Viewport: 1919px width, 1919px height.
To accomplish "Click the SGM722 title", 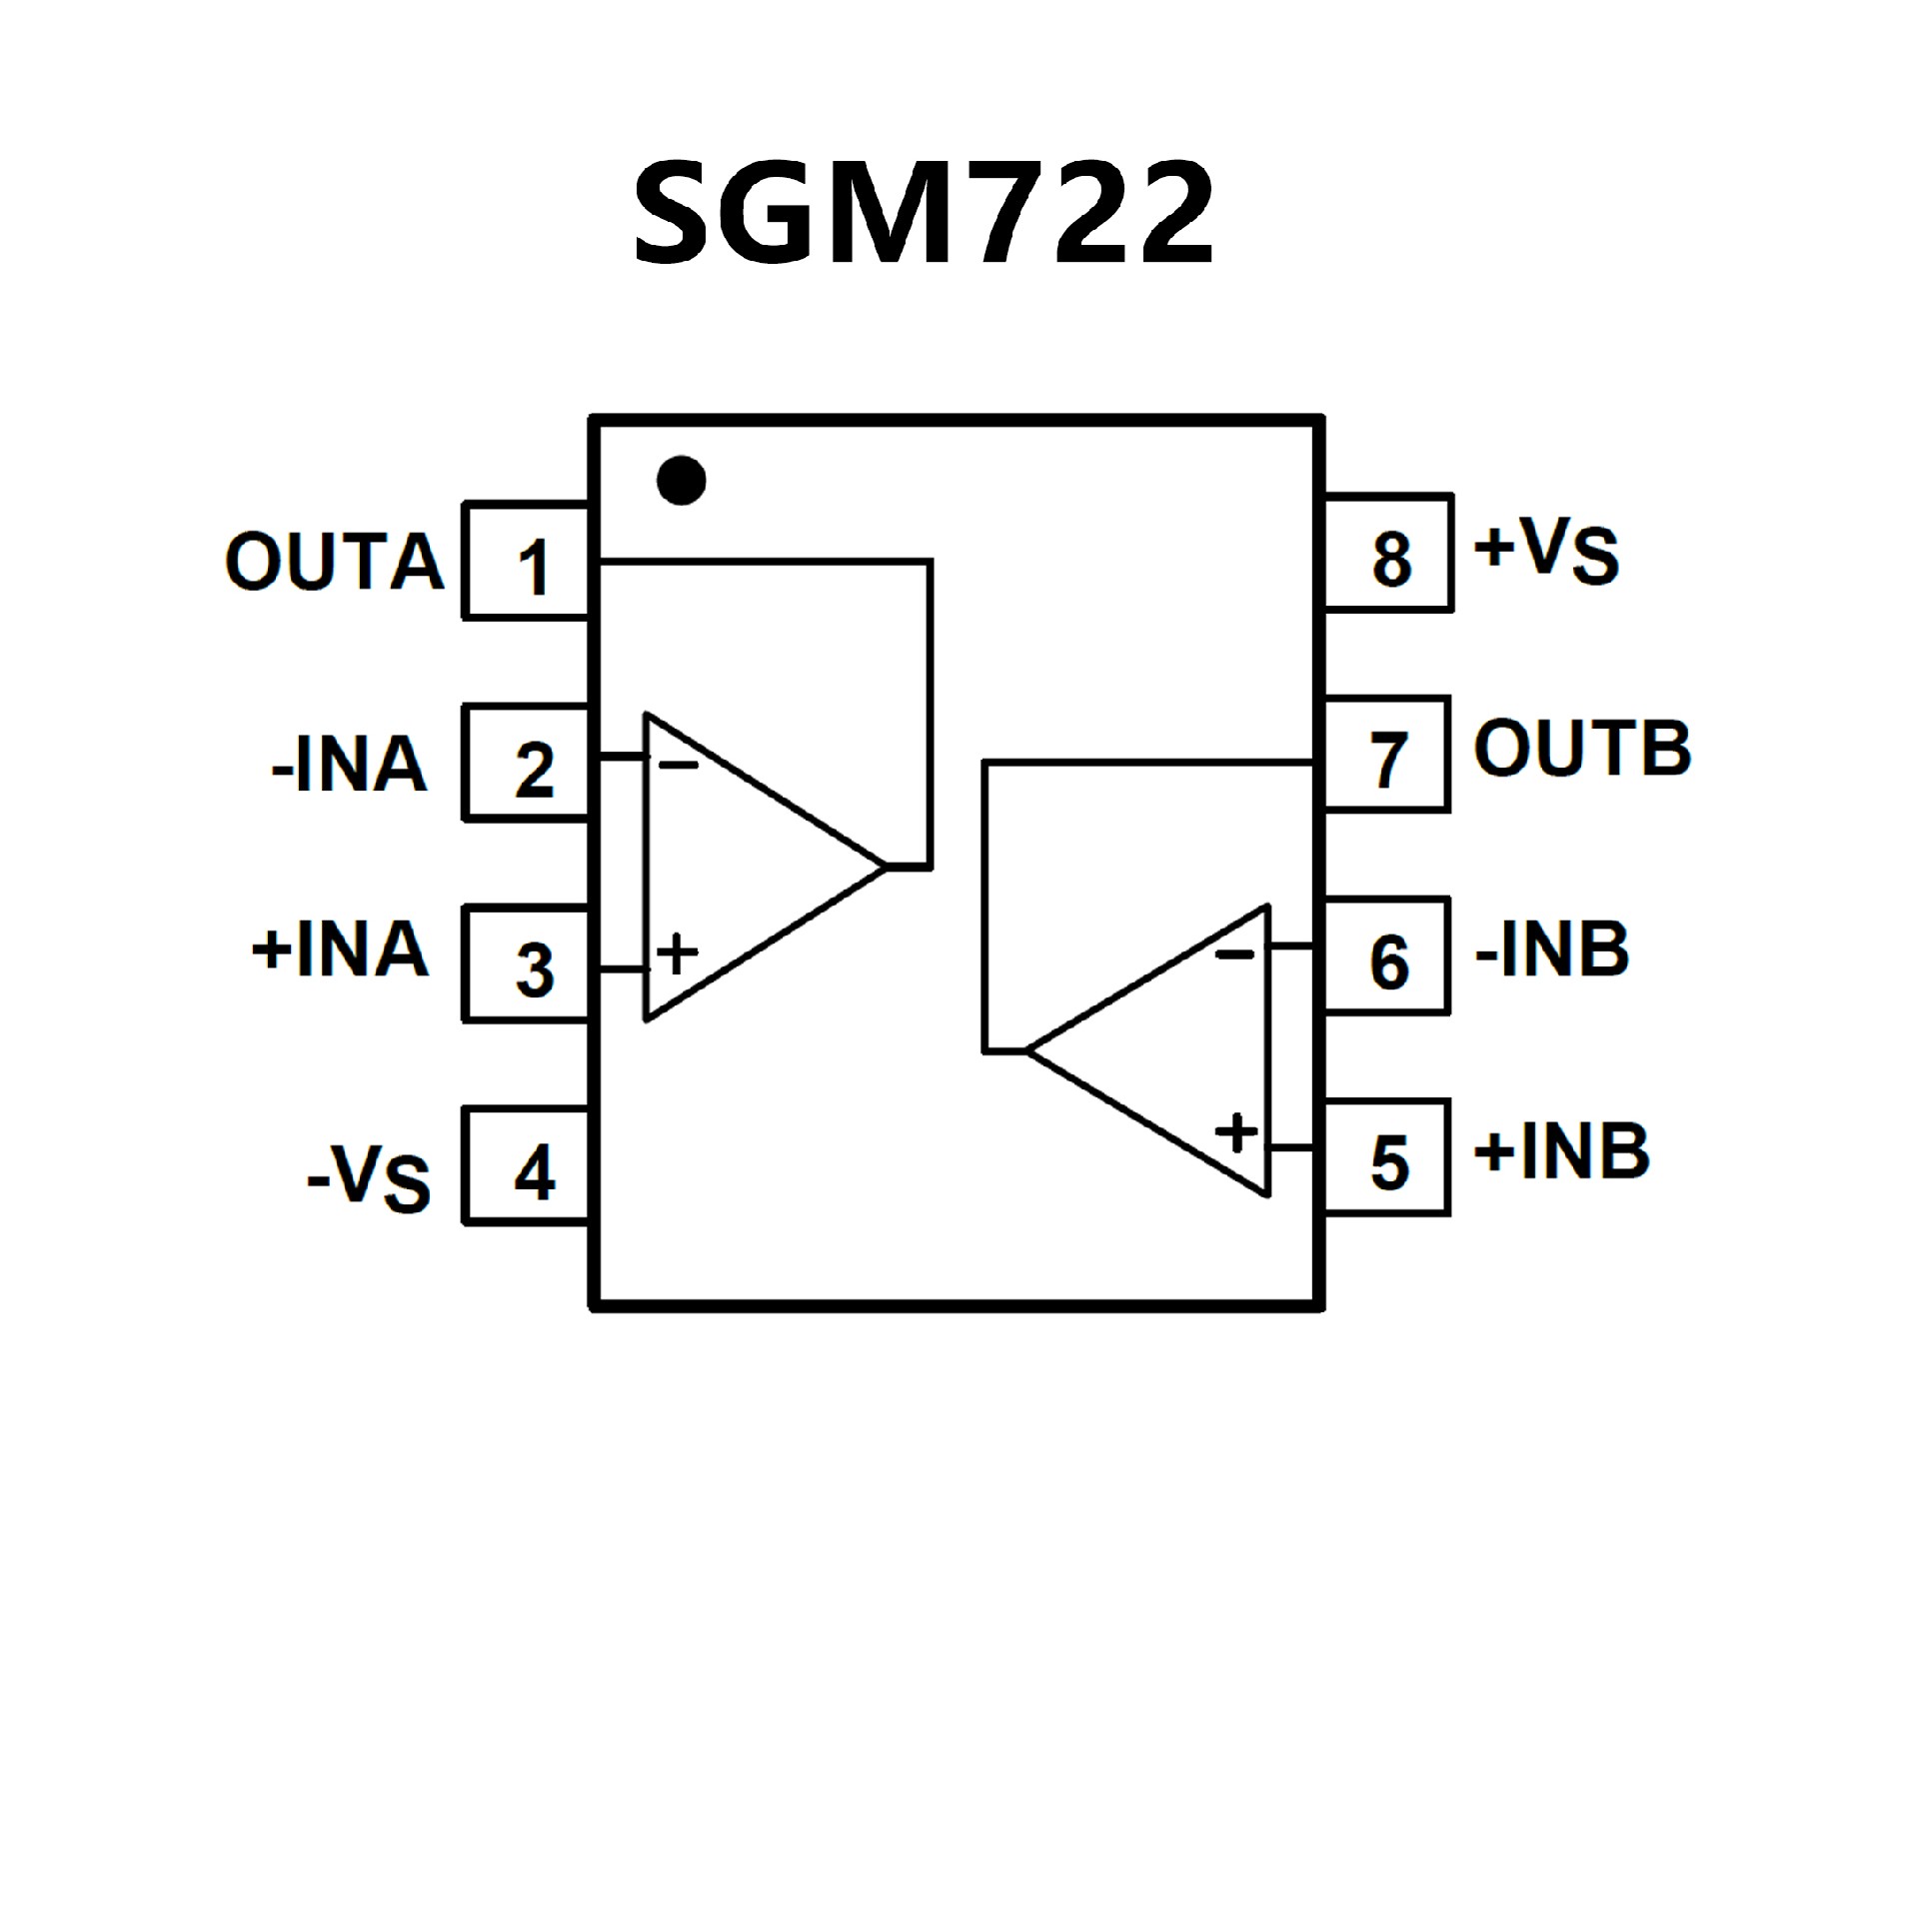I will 924,214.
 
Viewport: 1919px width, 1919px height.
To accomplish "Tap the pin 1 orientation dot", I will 682,481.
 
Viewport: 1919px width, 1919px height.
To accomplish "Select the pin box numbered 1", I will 528,563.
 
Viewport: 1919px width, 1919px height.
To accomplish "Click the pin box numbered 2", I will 528,765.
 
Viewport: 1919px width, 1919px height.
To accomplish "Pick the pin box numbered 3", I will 528,965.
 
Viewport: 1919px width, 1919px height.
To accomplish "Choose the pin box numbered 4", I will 528,1167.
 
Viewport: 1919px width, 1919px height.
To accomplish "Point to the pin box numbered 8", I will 1389,554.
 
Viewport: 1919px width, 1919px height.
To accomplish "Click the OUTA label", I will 335,562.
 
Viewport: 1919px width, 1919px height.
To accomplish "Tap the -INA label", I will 350,766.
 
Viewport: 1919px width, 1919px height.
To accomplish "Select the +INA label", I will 341,950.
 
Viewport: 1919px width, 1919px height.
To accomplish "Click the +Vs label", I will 1546,551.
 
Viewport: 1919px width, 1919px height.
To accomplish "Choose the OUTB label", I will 1582,749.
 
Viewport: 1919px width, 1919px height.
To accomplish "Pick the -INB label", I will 1552,951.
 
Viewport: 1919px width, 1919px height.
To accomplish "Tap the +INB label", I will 1561,1151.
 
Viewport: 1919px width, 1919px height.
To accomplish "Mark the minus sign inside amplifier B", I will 1234,955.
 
